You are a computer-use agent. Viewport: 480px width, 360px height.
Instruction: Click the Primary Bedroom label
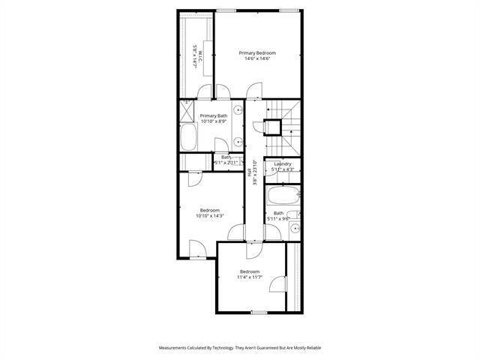click(x=257, y=52)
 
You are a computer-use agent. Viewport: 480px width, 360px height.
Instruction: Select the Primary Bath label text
click(x=213, y=115)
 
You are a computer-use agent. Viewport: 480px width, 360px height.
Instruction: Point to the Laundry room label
click(x=282, y=163)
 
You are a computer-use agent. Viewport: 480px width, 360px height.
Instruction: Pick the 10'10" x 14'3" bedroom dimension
click(x=209, y=216)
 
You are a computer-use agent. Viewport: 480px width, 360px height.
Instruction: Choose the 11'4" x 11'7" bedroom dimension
click(x=250, y=277)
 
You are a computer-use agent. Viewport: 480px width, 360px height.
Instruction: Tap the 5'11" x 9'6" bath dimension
click(x=278, y=219)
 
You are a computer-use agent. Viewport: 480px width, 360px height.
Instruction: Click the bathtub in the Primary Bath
click(x=188, y=139)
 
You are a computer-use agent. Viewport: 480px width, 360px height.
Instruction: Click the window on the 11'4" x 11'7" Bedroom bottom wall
click(x=259, y=311)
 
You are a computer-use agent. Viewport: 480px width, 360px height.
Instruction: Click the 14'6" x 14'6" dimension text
click(x=257, y=58)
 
